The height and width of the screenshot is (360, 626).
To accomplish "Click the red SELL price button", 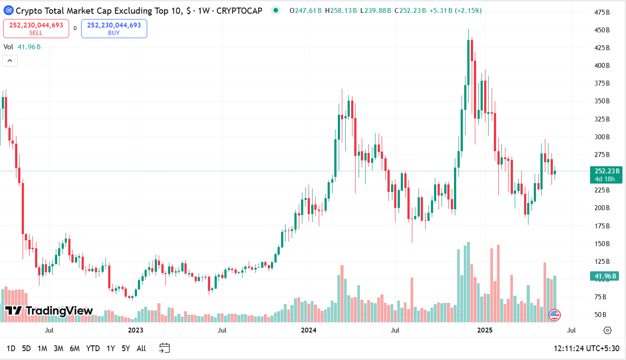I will tap(36, 28).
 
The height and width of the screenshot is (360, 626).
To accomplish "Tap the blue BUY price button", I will tap(114, 28).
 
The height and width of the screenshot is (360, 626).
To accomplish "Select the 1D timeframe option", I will tap(11, 348).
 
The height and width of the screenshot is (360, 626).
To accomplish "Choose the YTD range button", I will tap(93, 348).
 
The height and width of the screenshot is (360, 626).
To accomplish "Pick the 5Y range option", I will tap(126, 348).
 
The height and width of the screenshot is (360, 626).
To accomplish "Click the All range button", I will tap(141, 348).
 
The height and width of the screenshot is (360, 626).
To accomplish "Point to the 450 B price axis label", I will tap(602, 30).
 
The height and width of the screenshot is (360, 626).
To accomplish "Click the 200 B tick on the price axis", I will tap(602, 208).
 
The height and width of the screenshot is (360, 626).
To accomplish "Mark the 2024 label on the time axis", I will tap(309, 330).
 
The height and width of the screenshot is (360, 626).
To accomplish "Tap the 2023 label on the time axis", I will tap(136, 330).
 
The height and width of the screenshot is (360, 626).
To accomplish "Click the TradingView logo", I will tap(49, 311).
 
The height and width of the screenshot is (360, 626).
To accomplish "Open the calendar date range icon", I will tap(164, 348).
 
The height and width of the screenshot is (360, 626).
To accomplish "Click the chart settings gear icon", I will tap(607, 330).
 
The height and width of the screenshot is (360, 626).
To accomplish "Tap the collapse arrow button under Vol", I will tap(10, 61).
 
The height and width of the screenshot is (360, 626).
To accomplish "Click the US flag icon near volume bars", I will tap(554, 315).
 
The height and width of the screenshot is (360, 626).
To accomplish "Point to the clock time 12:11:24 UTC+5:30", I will tap(586, 348).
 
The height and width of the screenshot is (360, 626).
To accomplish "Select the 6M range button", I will tap(74, 348).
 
